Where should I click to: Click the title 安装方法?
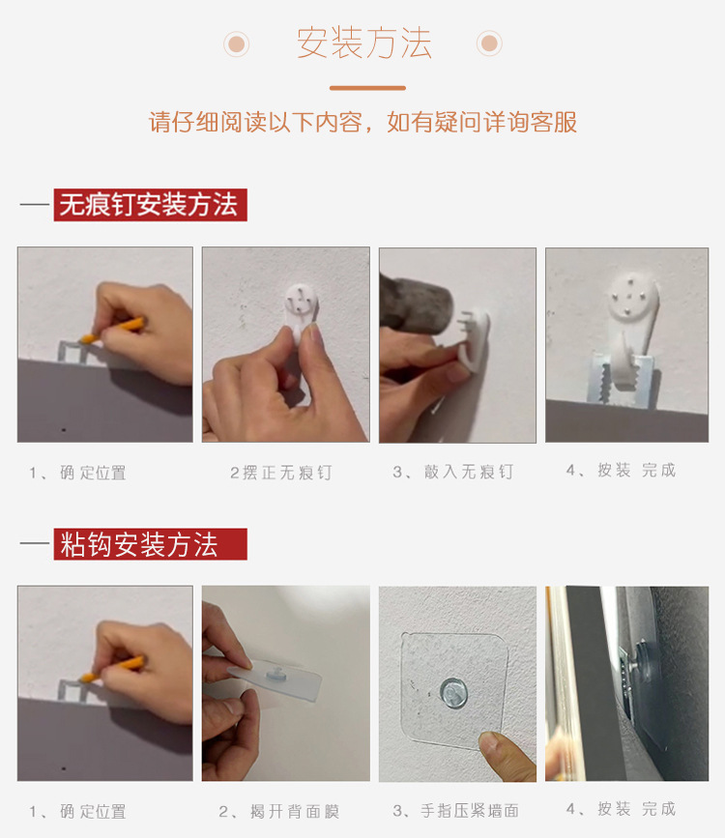tap(363, 43)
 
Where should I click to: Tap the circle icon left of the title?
tap(236, 43)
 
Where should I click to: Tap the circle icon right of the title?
tap(489, 43)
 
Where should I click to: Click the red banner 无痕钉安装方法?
tap(150, 205)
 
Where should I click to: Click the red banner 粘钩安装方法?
tap(150, 544)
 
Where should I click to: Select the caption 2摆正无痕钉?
tap(280, 473)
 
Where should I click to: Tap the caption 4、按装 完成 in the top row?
tap(621, 470)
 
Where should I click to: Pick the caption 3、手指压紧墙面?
tap(455, 810)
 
